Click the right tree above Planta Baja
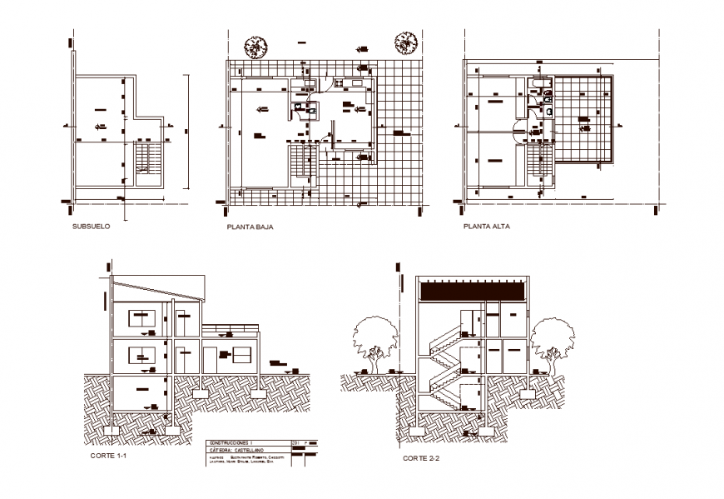(404, 41)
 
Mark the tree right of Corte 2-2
(550, 342)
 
